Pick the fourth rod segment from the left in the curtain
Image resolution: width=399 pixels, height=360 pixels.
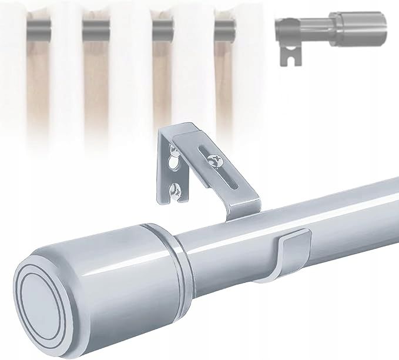pos(224,26)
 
